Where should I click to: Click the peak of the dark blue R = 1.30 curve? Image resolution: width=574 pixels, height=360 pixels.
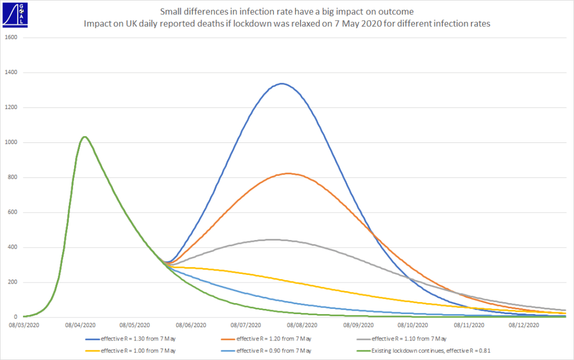(x=281, y=83)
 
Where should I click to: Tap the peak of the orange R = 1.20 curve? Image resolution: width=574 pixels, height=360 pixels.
(x=288, y=173)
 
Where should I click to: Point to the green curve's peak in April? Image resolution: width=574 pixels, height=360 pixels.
(x=84, y=137)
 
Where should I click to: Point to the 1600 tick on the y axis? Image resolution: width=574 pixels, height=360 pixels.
(x=11, y=37)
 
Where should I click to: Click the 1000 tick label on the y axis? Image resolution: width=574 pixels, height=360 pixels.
(x=11, y=142)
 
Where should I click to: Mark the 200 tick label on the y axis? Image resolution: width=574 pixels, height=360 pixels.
(x=13, y=282)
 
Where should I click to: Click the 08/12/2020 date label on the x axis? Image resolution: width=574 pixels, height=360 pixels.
(x=524, y=326)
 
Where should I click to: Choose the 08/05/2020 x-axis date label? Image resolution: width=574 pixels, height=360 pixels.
(x=134, y=326)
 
